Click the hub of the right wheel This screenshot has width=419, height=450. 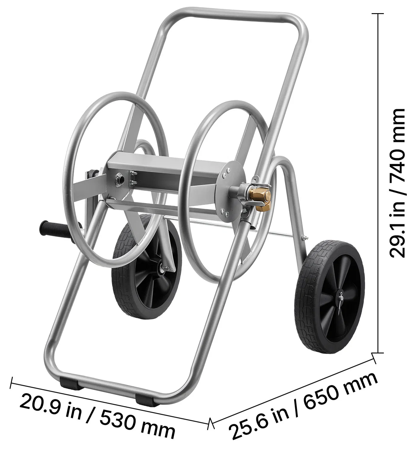tap(341, 299)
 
